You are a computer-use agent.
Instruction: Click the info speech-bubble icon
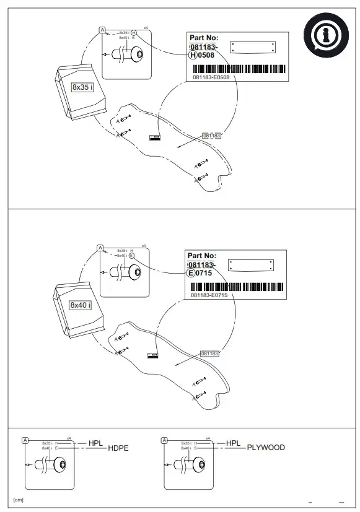(x=322, y=36)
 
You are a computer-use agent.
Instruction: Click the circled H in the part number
(x=193, y=55)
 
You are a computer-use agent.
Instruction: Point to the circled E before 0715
(x=191, y=273)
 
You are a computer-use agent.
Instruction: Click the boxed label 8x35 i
(x=82, y=87)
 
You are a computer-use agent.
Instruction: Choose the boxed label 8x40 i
(x=81, y=305)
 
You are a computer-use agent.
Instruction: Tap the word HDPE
(x=118, y=448)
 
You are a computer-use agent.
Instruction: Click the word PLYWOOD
(x=266, y=448)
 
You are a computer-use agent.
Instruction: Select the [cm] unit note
(x=19, y=500)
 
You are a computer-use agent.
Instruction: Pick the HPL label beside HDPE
(x=96, y=443)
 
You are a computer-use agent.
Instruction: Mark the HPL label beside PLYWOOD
(x=234, y=443)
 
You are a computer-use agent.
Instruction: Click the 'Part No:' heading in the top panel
(x=204, y=38)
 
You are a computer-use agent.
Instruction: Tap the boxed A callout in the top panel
(x=102, y=29)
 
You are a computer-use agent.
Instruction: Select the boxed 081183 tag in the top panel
(x=211, y=135)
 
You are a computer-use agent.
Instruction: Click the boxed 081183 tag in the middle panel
(x=210, y=353)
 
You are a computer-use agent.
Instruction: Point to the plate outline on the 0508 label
(x=252, y=47)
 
